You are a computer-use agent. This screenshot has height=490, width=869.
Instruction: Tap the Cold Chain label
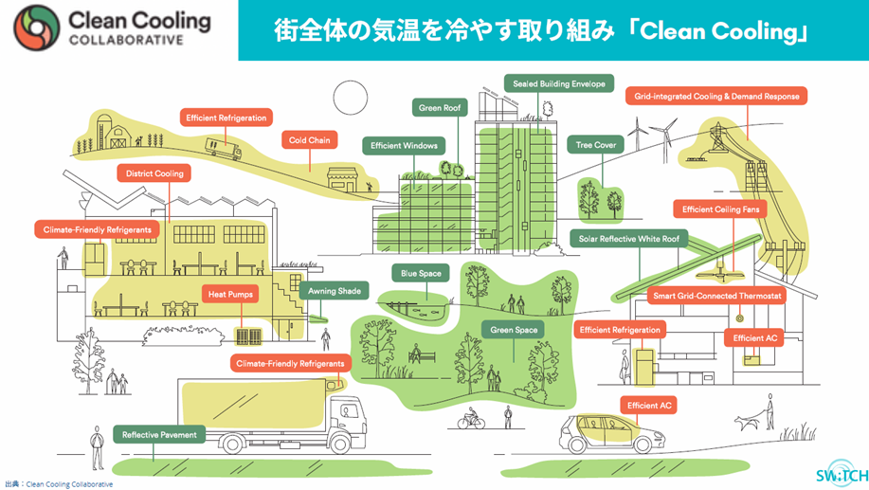[310, 140]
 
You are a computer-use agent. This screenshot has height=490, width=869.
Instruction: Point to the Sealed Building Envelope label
[559, 83]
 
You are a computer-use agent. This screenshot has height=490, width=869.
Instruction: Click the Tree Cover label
[597, 145]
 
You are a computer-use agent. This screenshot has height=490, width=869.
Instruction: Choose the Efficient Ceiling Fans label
[720, 209]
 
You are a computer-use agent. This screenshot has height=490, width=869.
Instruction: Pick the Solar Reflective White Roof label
[629, 238]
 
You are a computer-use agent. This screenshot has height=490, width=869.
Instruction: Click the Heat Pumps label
[230, 295]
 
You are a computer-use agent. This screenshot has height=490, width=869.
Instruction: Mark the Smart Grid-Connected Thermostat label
[717, 297]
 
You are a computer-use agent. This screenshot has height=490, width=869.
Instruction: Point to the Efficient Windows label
[404, 145]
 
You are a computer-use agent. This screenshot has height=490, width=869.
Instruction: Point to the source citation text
[59, 483]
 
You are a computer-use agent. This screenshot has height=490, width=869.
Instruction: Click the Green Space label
[515, 329]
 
